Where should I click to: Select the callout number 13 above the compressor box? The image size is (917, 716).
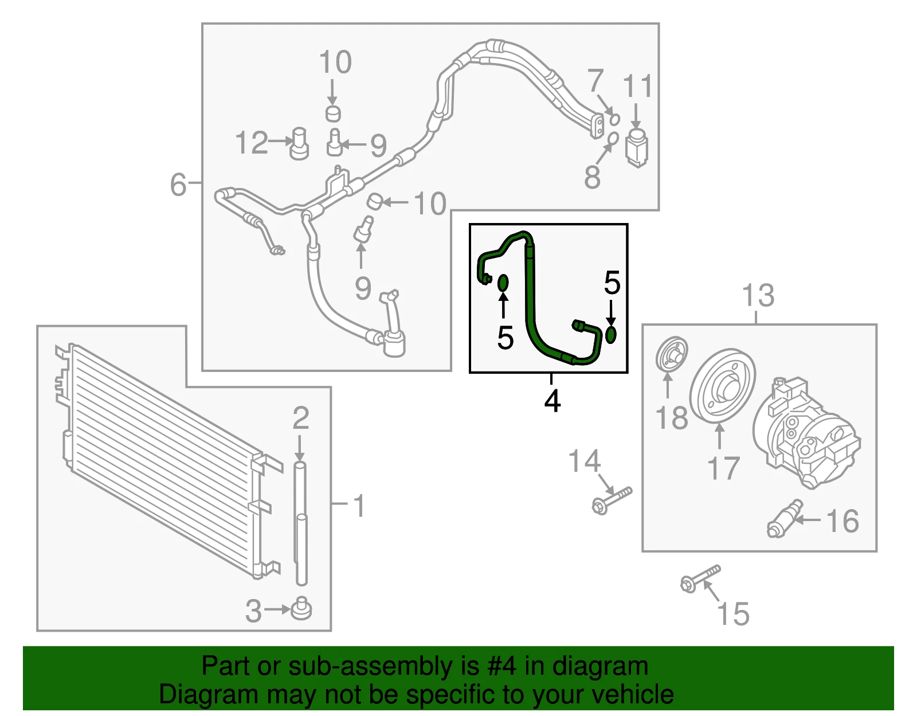758,295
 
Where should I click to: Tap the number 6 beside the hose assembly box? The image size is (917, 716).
178,185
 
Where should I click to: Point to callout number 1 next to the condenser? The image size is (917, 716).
359,506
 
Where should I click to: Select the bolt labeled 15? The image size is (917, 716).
700,578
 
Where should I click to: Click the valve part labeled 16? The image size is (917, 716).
785,519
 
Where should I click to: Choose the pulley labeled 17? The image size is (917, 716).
723,386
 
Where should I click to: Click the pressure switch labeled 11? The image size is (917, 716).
637,148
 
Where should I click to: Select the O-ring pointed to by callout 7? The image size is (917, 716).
614,120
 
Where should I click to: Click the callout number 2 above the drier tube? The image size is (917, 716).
300,418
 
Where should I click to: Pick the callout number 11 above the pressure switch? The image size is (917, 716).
638,86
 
